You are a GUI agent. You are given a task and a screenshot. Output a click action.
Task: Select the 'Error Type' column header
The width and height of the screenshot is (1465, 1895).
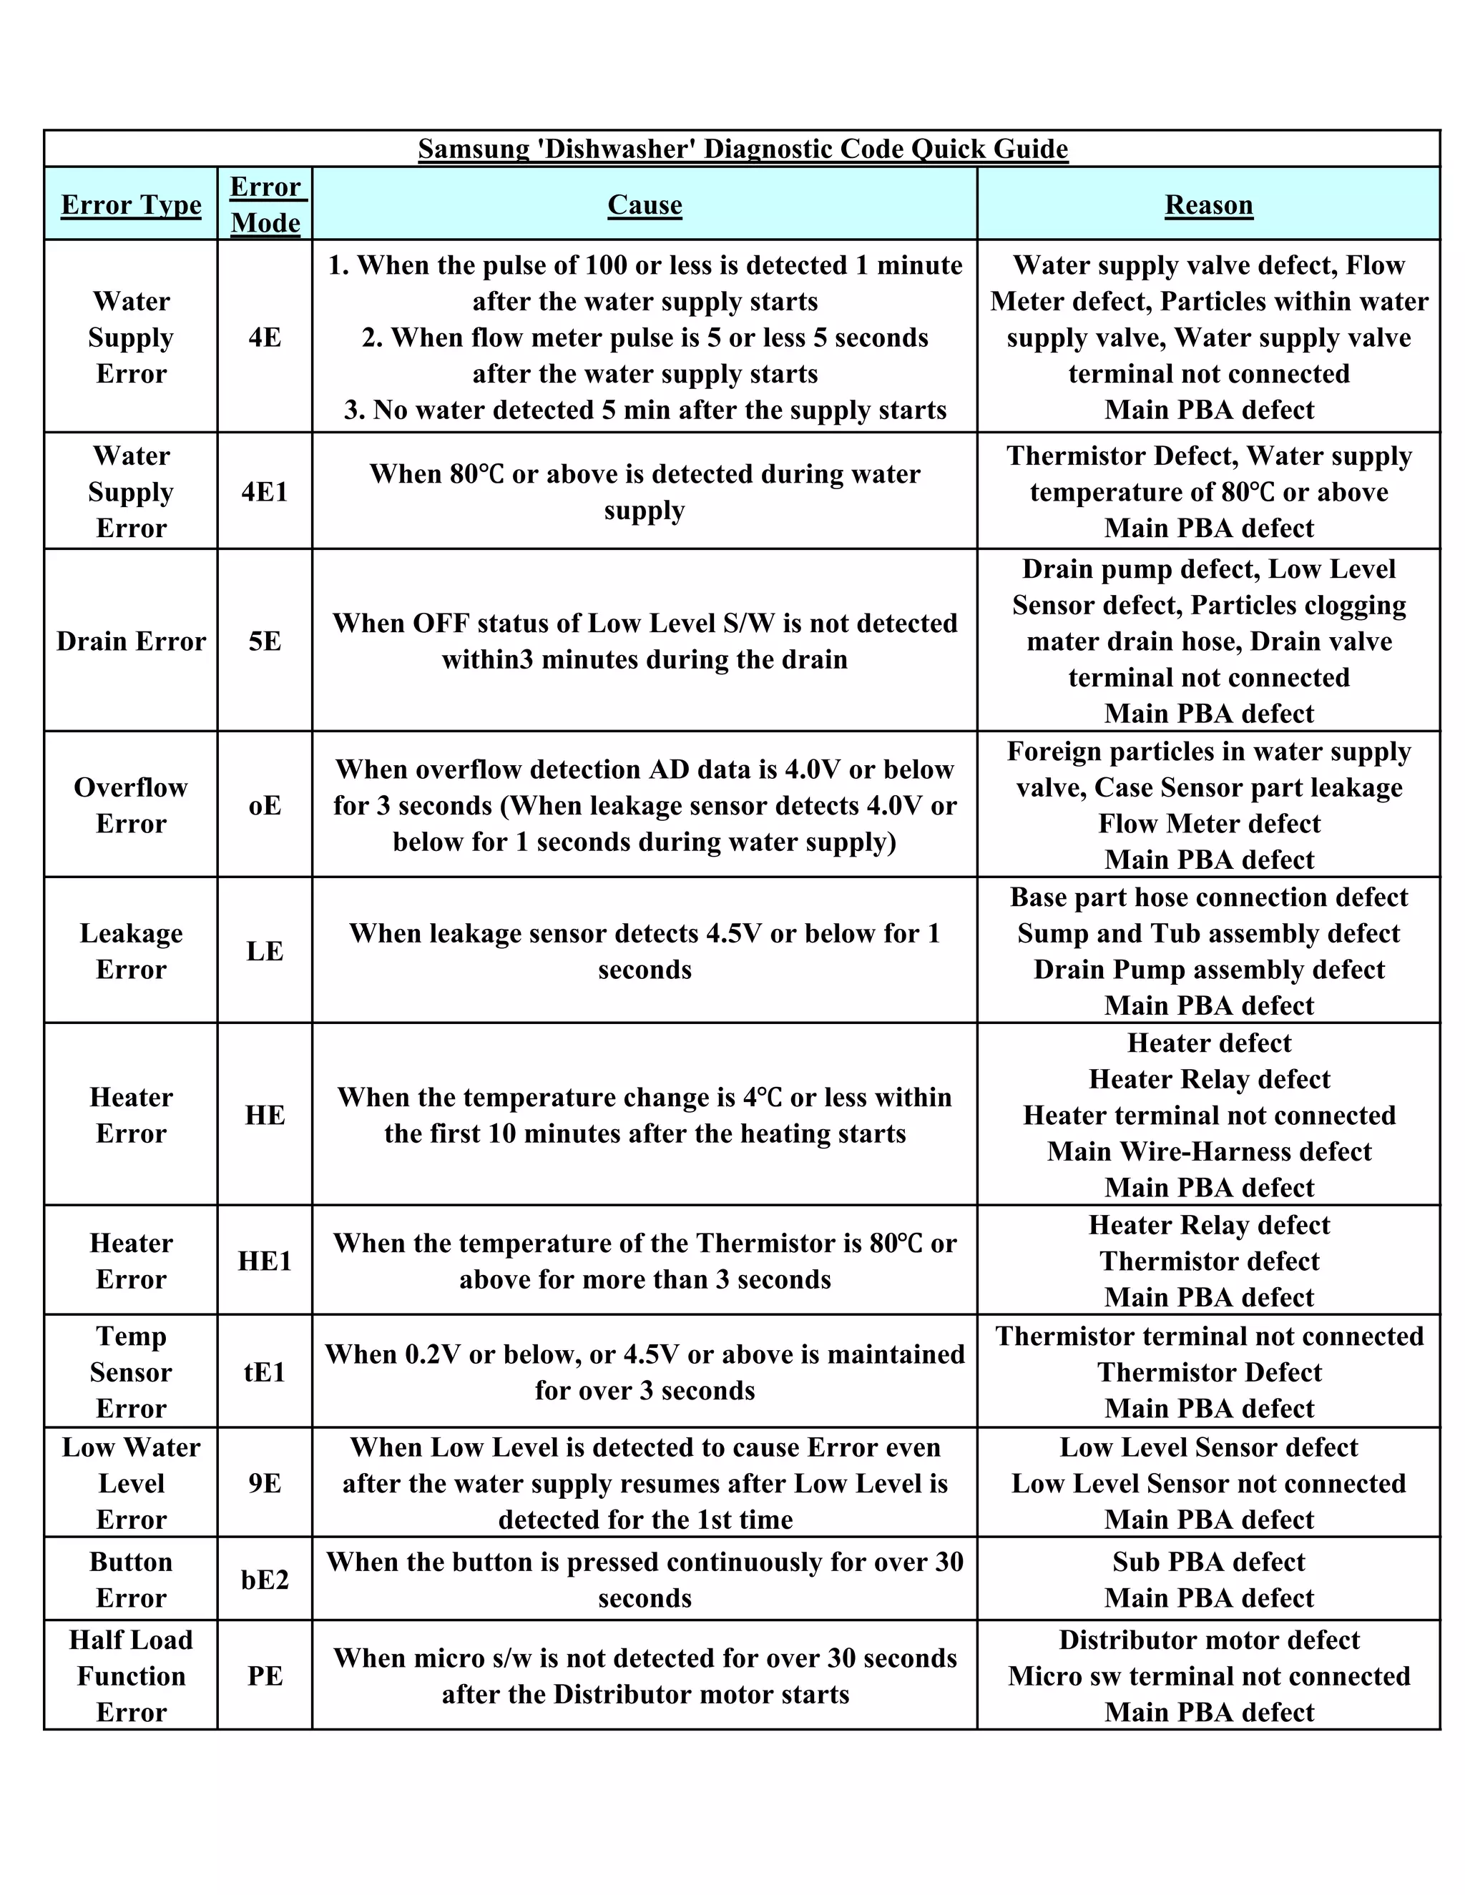(x=131, y=205)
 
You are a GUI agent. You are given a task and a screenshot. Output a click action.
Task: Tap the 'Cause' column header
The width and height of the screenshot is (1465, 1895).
(x=644, y=205)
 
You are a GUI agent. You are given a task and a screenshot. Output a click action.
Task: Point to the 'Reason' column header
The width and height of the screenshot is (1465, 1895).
(x=1208, y=205)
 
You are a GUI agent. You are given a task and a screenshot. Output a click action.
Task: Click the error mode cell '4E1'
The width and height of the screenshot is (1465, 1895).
(x=265, y=492)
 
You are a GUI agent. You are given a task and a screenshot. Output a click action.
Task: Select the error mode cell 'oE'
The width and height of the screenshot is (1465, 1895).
(x=265, y=805)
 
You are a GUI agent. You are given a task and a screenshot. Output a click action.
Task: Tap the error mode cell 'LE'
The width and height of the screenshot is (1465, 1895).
(x=265, y=951)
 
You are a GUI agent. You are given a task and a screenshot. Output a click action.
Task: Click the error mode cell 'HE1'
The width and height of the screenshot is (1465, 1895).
(x=265, y=1261)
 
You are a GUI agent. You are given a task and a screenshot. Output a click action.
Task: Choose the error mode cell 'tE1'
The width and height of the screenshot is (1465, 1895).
(x=265, y=1372)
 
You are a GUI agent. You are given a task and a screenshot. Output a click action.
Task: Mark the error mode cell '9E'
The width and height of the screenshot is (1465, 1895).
(x=265, y=1483)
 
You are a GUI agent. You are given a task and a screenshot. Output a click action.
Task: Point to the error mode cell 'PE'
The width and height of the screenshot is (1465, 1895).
(x=265, y=1675)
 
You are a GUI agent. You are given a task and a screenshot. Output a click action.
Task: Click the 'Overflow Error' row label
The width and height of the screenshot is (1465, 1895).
(x=131, y=805)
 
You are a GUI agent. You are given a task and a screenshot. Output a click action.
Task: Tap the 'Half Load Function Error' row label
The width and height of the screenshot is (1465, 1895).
(x=131, y=1675)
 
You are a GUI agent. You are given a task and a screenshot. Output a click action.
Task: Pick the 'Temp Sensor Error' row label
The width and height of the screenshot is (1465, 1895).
(x=131, y=1372)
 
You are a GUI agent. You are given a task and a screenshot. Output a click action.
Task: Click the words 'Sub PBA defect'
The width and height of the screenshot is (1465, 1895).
(x=1208, y=1562)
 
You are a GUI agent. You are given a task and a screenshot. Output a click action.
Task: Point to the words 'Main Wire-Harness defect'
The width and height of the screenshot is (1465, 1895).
(x=1208, y=1151)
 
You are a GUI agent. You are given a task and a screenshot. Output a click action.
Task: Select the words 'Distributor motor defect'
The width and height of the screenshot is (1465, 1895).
(x=1208, y=1640)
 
